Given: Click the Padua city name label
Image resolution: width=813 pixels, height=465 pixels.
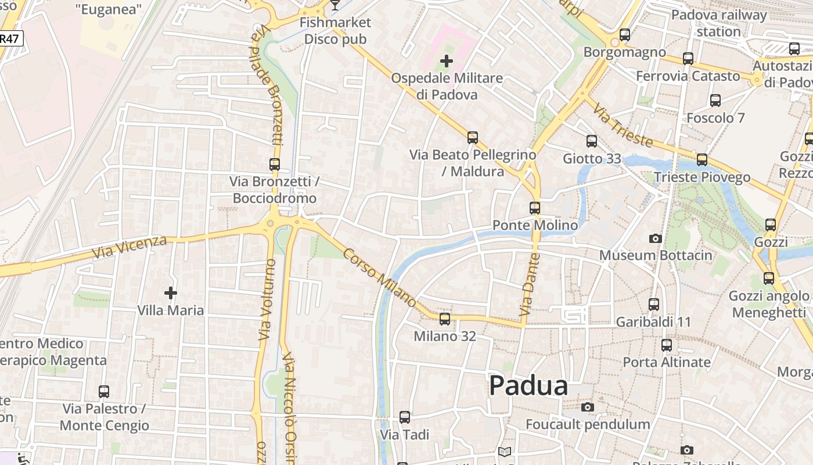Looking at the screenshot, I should (x=528, y=386).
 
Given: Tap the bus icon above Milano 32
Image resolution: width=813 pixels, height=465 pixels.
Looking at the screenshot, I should (x=445, y=319).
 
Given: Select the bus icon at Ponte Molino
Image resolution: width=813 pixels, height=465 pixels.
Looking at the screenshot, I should (x=535, y=208).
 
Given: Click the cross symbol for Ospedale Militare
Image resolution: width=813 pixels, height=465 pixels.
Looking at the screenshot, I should (x=446, y=61).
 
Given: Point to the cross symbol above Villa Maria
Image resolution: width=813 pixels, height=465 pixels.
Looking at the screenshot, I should (x=170, y=292).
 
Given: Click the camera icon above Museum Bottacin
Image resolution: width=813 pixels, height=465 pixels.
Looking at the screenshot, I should (x=656, y=238).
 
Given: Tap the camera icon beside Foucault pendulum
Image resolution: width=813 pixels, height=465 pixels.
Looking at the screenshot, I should (x=588, y=407).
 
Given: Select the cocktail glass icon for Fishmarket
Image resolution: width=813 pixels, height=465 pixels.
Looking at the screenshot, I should (x=335, y=5).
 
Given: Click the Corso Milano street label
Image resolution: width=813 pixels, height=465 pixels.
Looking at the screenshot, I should (x=379, y=278).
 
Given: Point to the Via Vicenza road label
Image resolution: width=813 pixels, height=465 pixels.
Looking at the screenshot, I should (x=129, y=248).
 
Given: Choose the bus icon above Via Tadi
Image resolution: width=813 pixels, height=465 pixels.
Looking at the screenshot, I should (x=405, y=417).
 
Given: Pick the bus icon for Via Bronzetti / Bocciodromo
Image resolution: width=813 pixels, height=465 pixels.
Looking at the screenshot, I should (x=275, y=164).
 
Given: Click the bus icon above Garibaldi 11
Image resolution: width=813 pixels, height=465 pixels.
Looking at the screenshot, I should (x=654, y=304).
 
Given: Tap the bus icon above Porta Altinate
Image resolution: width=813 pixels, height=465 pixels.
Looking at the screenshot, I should (x=667, y=345).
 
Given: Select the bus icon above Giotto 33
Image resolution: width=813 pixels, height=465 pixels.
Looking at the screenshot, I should (x=592, y=141).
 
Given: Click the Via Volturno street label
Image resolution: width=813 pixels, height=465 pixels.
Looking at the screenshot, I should (x=266, y=299).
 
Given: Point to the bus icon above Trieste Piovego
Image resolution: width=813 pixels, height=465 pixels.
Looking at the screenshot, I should (x=702, y=159).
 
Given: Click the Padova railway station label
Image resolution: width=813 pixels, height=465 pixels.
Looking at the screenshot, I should (x=719, y=23).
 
